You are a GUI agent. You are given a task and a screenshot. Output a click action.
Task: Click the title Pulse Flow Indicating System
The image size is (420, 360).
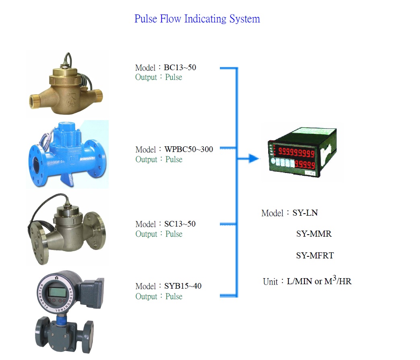tap(197, 19)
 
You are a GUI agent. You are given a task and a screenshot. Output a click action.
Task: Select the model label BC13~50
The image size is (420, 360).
tap(180, 67)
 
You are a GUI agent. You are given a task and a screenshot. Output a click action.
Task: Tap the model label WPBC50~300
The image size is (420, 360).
tap(188, 150)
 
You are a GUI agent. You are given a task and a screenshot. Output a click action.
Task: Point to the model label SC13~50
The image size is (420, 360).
tap(180, 224)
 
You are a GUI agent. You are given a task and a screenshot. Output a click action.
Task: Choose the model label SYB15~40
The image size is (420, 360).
tap(183, 286)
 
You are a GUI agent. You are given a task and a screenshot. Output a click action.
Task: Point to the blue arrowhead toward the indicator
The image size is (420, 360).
tap(253, 158)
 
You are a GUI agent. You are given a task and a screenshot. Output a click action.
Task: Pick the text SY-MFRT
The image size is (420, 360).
tap(315, 256)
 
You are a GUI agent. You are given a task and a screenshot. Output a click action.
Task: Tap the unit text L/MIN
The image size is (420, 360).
tap(299, 281)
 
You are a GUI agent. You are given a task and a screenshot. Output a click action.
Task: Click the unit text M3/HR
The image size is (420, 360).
tap(338, 281)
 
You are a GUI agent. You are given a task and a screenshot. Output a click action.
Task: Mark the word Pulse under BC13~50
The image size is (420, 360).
tap(174, 77)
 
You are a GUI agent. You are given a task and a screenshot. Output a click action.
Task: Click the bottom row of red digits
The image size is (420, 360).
tap(305, 164)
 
